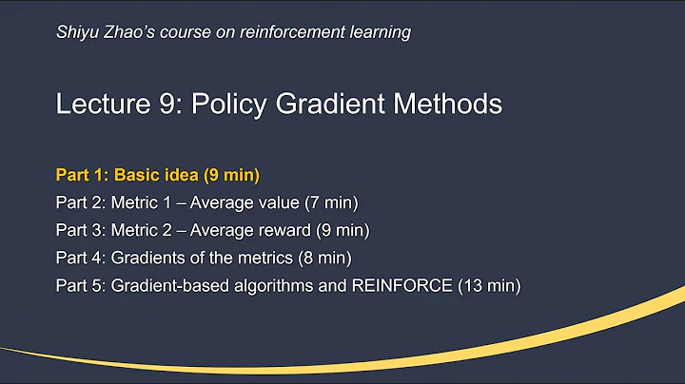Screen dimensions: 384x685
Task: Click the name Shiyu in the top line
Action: coord(76,32)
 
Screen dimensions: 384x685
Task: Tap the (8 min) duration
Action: coord(330,258)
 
